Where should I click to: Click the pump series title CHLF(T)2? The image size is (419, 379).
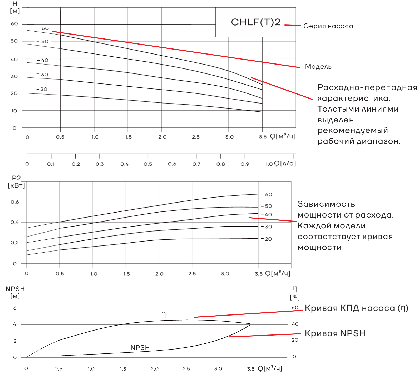[x=255, y=22]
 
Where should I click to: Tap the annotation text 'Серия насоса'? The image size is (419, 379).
[x=328, y=26]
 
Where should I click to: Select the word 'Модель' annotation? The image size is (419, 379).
[x=318, y=67]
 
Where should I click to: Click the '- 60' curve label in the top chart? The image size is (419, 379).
[x=43, y=28]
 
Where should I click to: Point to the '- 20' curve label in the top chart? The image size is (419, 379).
[x=42, y=89]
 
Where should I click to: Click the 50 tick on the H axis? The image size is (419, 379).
[x=14, y=41]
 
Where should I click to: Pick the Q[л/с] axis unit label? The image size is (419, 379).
[x=285, y=164]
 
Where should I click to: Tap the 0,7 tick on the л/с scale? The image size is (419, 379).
[x=196, y=164]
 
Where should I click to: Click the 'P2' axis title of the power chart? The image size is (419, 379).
[x=16, y=178]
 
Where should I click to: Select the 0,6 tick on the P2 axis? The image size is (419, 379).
[x=15, y=202]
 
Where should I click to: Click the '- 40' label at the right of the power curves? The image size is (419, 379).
[x=267, y=215]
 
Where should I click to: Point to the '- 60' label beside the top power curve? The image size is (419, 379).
[x=267, y=195]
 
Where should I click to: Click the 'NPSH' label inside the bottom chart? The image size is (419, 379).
[x=140, y=348]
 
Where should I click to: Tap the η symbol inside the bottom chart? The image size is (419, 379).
[x=164, y=314]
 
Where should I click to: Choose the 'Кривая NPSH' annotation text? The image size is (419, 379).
[x=335, y=333]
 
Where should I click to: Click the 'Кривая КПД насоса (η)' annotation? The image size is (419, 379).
[x=356, y=308]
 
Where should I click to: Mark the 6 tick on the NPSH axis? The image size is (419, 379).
[x=15, y=308]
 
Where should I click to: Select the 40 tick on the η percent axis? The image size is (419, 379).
[x=295, y=324]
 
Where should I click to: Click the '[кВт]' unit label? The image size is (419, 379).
[x=16, y=185]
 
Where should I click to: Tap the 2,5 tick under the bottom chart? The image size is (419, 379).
[x=186, y=369]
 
